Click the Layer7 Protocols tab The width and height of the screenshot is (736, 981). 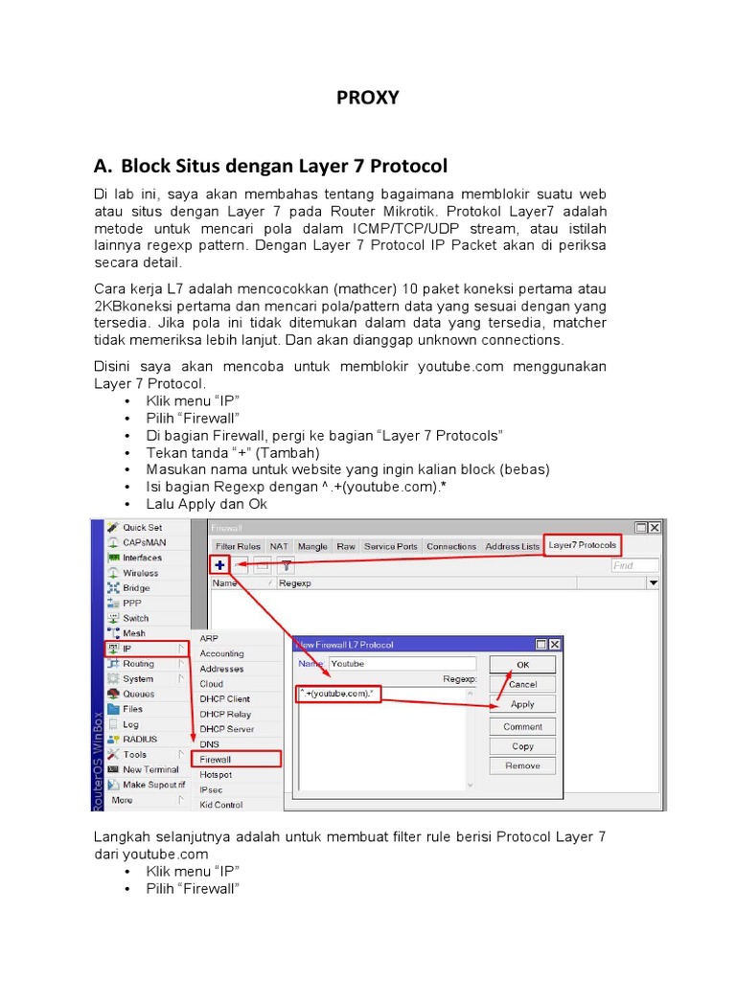coord(583,546)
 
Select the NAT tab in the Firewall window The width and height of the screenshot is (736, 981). coord(279,546)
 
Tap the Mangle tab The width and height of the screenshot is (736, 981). coord(312,546)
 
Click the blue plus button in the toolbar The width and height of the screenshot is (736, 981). coord(220,565)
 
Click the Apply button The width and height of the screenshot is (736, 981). coord(522,704)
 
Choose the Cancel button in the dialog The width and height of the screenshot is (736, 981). coord(522,684)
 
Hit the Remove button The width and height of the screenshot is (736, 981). coord(522,765)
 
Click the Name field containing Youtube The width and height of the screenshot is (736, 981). coord(402,663)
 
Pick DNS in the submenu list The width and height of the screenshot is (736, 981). coord(210,743)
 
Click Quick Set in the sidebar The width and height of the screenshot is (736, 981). coord(141,527)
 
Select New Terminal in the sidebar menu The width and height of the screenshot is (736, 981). coord(149,769)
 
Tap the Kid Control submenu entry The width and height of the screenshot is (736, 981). coord(220,805)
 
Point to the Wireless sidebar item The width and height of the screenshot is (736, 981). coord(140,573)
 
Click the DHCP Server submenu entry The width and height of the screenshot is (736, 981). coord(226,729)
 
